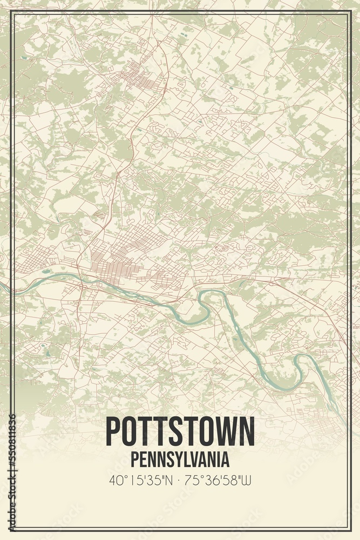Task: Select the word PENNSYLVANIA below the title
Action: point(180,459)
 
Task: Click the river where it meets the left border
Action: point(14,291)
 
